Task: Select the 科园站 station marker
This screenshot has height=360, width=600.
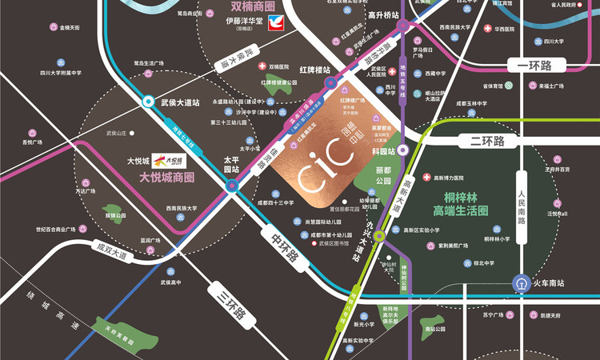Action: [403, 149]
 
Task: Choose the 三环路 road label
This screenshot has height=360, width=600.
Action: [232, 302]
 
